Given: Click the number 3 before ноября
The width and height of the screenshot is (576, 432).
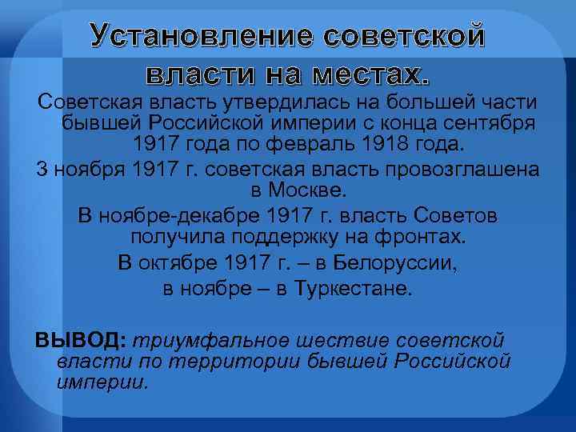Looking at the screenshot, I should (42, 170).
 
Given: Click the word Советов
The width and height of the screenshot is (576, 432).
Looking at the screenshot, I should (451, 216).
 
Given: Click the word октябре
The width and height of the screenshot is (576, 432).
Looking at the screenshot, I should (178, 262).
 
